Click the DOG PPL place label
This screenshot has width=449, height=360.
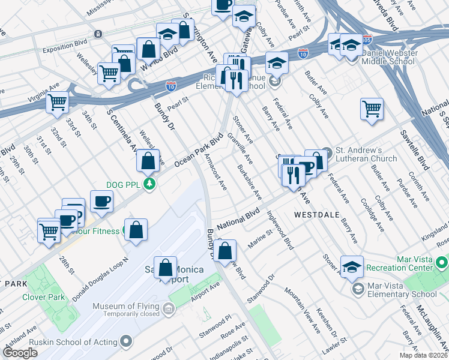click(x=123, y=184)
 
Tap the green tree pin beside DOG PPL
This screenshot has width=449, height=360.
click(x=154, y=184)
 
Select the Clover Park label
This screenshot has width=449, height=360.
click(x=43, y=296)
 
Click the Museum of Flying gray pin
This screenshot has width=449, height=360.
click(x=168, y=310)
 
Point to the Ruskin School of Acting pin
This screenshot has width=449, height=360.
click(x=127, y=342)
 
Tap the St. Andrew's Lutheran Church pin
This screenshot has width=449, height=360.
click(x=327, y=151)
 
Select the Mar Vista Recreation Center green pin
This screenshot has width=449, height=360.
click(x=442, y=263)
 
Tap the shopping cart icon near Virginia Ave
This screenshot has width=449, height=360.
click(x=58, y=102)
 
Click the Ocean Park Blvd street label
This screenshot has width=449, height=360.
click(x=198, y=150)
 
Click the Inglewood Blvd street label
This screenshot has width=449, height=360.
click(x=280, y=230)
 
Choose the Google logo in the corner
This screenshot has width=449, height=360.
click(x=20, y=353)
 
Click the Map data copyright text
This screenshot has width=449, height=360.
click(x=423, y=356)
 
